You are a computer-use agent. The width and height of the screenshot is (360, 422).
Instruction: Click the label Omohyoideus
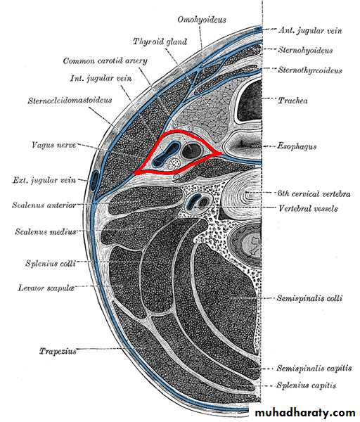[202, 20]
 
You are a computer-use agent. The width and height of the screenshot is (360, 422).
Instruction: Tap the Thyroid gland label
[160, 41]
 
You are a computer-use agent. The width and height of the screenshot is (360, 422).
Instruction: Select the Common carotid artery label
[105, 60]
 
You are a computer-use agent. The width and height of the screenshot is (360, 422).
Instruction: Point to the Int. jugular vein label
[101, 79]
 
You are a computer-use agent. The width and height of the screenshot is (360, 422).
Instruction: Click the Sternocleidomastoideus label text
[70, 101]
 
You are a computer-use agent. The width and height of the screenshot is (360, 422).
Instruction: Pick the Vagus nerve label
[54, 145]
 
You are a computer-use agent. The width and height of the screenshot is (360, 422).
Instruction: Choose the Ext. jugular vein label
[44, 180]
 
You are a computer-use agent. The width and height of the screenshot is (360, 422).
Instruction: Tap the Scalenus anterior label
[44, 205]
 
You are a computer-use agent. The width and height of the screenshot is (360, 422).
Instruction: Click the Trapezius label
[58, 351]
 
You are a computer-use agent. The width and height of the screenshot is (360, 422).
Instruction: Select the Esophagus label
[297, 147]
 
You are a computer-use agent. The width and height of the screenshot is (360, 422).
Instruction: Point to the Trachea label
[292, 101]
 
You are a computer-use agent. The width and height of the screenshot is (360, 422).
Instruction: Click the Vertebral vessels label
[308, 208]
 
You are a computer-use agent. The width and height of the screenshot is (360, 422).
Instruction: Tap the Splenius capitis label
[307, 385]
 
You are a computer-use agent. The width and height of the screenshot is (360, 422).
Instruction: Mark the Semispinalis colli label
[309, 298]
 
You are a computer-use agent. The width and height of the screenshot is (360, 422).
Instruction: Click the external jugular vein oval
[94, 181]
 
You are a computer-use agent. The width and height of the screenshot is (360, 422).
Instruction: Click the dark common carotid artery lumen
[191, 151]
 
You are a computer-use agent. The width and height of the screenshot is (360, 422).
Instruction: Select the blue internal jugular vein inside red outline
[165, 155]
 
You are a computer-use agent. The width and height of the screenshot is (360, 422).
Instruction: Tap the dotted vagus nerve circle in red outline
[175, 163]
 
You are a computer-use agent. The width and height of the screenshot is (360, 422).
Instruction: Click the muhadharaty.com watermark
[305, 413]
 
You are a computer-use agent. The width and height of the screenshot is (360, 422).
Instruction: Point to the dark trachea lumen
[250, 101]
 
